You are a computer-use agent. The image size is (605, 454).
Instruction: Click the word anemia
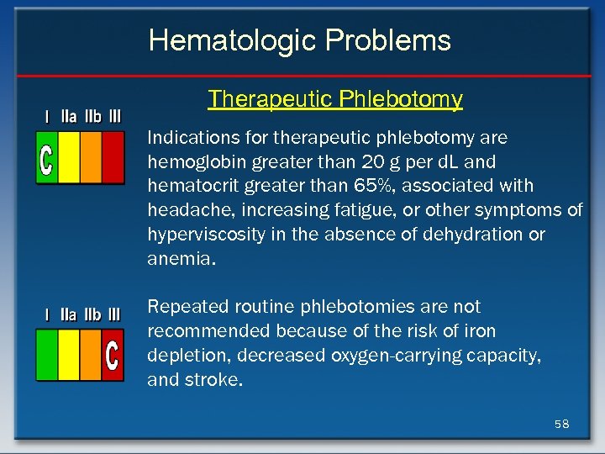[178, 259]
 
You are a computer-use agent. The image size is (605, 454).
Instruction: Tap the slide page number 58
[561, 424]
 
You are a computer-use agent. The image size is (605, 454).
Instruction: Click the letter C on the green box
[47, 157]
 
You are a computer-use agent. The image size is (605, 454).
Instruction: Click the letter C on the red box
[112, 355]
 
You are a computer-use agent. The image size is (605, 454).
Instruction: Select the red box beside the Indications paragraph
[113, 157]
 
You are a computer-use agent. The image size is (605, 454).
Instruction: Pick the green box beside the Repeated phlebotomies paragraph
[47, 355]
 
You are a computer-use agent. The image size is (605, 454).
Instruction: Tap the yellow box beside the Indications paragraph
[69, 157]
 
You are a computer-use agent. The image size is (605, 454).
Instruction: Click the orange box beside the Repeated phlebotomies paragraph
[91, 355]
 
